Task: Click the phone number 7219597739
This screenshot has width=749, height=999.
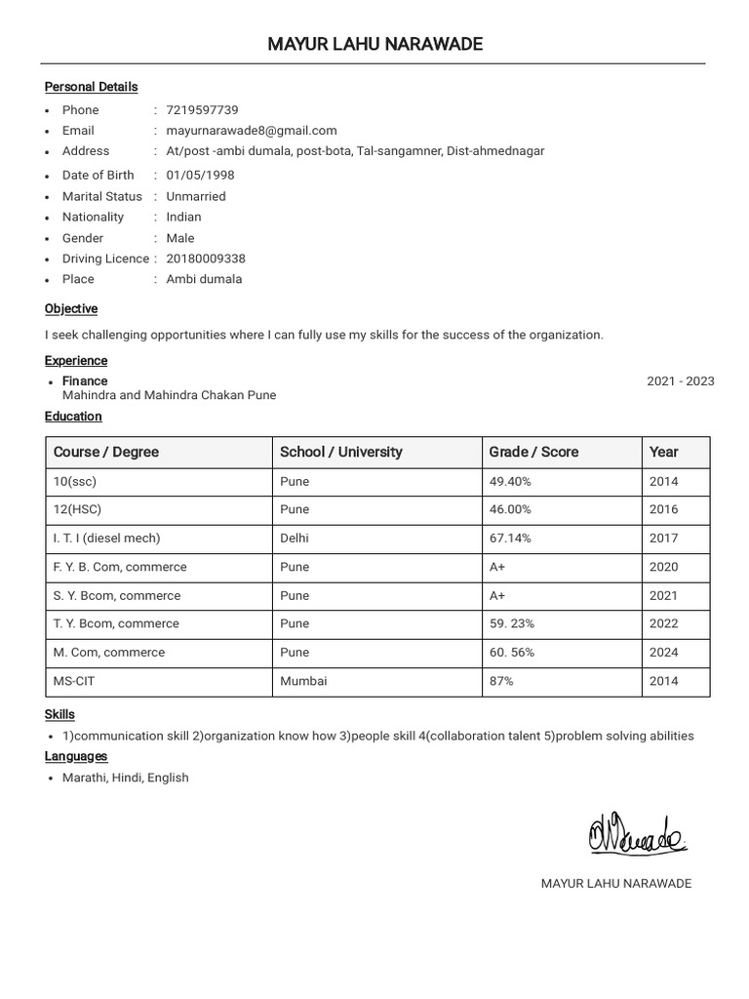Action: (x=202, y=110)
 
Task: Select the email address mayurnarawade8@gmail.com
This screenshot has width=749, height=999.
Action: (x=252, y=131)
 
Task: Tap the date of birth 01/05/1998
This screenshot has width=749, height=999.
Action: (x=200, y=176)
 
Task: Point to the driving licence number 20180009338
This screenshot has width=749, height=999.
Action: (x=206, y=259)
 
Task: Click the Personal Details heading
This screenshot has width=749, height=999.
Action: (x=91, y=87)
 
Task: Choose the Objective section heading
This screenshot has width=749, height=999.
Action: (x=71, y=309)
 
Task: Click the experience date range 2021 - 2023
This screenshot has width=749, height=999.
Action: (x=680, y=381)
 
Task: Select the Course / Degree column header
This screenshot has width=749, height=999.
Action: (x=106, y=452)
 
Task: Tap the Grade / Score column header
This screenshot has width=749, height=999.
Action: (x=533, y=452)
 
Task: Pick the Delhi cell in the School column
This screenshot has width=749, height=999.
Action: (x=295, y=538)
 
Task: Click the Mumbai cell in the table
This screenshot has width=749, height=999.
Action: (x=303, y=681)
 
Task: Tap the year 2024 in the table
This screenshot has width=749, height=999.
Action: (x=663, y=653)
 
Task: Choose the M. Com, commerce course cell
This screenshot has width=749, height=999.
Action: (x=109, y=653)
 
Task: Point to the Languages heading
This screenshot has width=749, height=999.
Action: (x=76, y=756)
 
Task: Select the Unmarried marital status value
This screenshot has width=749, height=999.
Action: (x=196, y=196)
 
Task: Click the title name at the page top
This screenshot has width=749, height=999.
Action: (x=374, y=45)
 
